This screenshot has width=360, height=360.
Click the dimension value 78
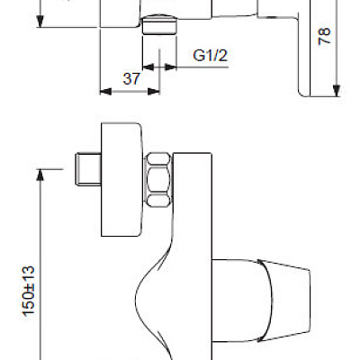pyautogui.click(x=326, y=36)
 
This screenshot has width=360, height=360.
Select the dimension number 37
pyautogui.click(x=131, y=78)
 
